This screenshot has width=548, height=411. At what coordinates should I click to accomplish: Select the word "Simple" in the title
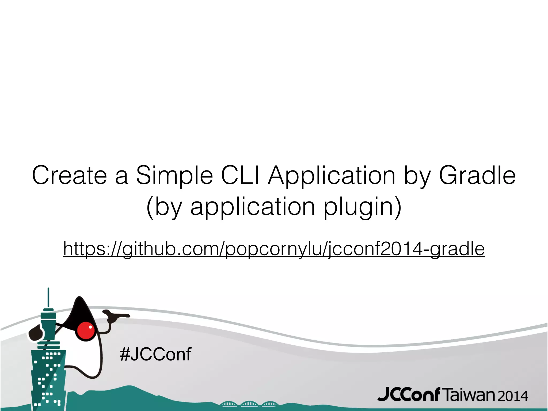click(x=174, y=176)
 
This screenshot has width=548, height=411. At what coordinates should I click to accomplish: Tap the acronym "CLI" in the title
click(x=240, y=175)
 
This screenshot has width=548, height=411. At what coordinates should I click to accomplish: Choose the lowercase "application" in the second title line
click(x=253, y=207)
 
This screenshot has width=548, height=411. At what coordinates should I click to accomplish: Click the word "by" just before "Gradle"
click(x=417, y=177)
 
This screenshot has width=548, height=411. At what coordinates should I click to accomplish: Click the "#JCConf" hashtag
click(x=156, y=354)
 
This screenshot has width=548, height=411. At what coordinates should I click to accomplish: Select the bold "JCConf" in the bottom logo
click(x=409, y=395)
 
